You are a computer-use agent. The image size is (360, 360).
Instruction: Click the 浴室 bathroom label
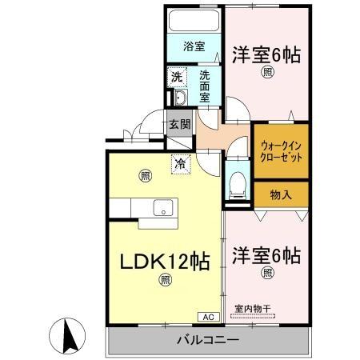point(194,46)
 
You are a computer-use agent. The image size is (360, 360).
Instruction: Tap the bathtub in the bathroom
point(194,21)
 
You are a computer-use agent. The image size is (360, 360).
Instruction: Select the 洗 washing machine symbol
point(177,78)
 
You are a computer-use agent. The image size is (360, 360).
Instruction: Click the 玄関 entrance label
point(179,125)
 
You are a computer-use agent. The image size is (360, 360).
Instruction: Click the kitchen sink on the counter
point(163,209)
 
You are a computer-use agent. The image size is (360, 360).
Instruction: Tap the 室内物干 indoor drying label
point(252,309)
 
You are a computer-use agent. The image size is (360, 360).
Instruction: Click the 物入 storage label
point(280,194)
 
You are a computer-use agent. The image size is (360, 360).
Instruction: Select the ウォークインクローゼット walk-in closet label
point(280,152)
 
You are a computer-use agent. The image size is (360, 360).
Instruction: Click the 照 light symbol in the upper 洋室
point(266,74)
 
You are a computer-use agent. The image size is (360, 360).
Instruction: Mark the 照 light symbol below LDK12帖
point(163,280)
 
